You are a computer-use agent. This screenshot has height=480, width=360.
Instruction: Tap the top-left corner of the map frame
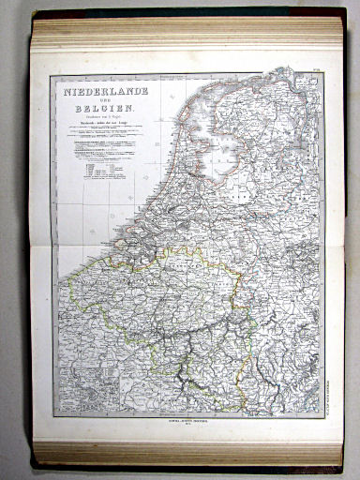tap(52, 76)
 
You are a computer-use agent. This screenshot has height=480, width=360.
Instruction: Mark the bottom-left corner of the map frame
tap(53, 417)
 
